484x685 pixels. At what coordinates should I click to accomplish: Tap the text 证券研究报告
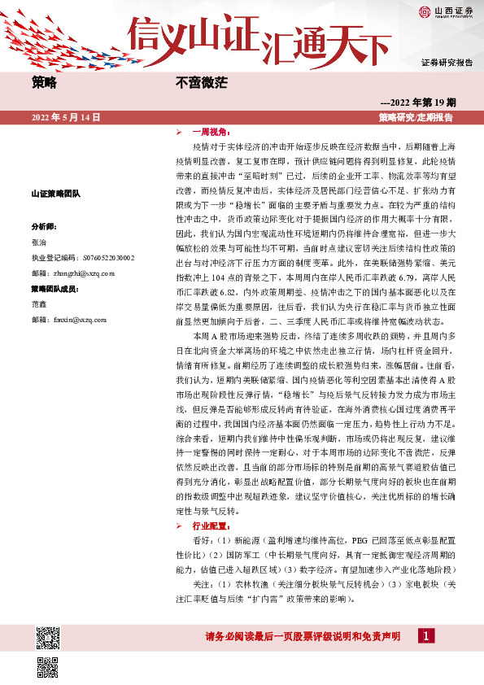447,62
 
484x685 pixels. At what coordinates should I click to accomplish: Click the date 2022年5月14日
66,118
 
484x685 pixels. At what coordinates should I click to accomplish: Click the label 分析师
45,225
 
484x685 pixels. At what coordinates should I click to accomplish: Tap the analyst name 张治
39,242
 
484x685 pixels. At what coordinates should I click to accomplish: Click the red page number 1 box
425,637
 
